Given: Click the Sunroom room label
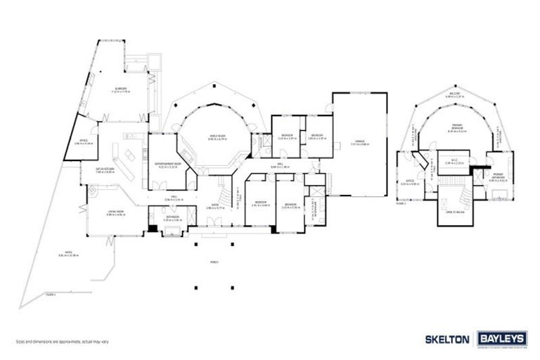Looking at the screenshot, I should (x=122, y=89).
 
